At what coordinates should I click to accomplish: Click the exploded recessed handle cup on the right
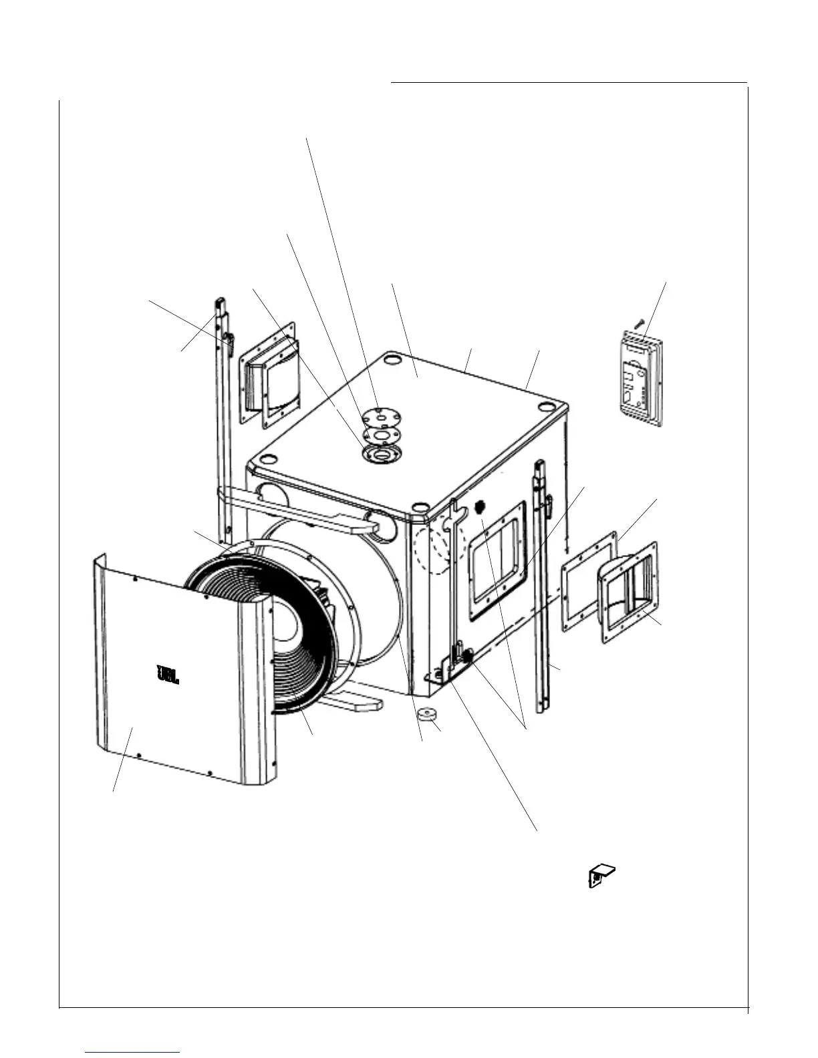[631, 591]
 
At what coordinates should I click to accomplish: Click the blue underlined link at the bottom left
[133, 1052]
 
